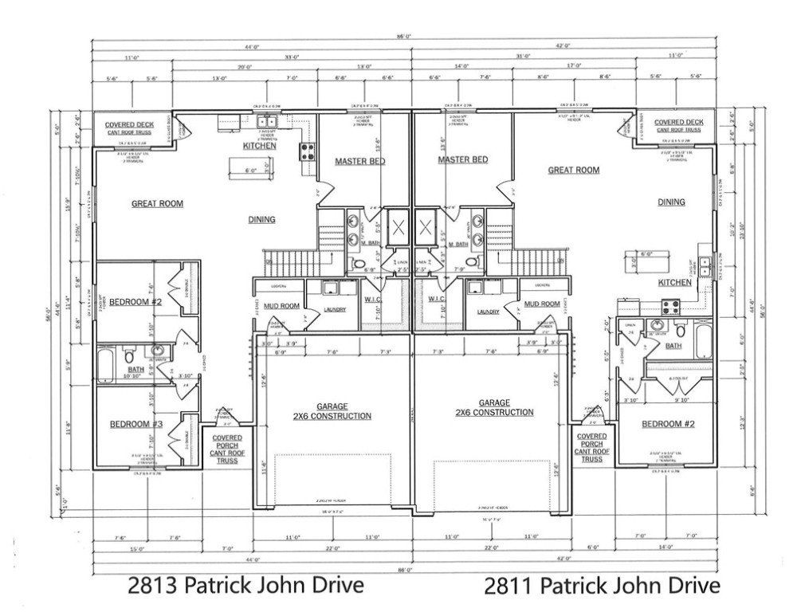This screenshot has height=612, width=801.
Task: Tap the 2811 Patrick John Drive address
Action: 602,586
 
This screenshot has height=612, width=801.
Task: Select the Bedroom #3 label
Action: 135,425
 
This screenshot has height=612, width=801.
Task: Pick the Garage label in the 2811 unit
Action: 494,408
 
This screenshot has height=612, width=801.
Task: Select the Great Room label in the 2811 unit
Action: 573,170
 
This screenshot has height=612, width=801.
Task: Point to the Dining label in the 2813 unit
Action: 261,219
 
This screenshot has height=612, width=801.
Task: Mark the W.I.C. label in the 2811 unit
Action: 435,300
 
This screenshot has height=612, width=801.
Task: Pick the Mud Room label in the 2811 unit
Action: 543,304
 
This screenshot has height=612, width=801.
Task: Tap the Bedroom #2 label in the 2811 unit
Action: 668,425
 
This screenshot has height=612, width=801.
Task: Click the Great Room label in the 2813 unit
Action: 157,204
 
